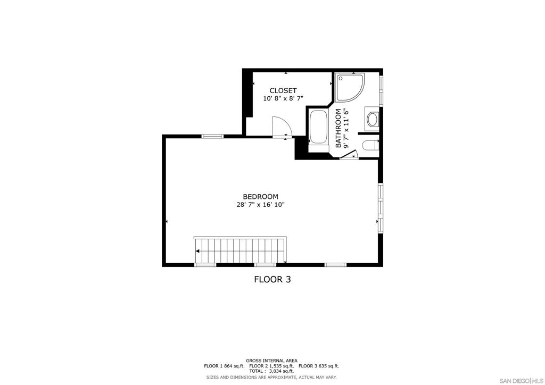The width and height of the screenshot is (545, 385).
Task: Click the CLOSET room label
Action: pos(283,90)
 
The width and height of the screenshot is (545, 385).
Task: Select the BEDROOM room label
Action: pos(260,197)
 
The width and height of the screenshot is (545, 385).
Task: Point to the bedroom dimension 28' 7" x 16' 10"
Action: pos(260,205)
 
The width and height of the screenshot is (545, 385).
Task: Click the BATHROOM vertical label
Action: pos(338,128)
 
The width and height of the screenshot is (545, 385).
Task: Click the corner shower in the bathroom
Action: pos(349,87)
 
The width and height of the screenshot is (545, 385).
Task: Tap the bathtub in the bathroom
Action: pos(319,128)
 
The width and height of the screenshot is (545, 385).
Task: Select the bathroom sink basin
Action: pos(372,119)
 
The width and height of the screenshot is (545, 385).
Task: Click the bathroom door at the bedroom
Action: pos(349,155)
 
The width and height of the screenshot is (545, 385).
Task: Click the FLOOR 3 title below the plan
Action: pos(272,279)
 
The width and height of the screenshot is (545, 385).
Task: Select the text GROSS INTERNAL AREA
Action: pos(271,361)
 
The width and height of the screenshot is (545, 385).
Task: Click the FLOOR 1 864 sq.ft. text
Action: pos(224,366)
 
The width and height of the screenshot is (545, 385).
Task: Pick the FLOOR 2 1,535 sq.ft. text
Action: pos(271,366)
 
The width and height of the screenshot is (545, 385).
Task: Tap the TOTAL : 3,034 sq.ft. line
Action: pos(271,371)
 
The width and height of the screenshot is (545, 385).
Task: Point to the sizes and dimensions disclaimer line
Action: pos(271,377)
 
